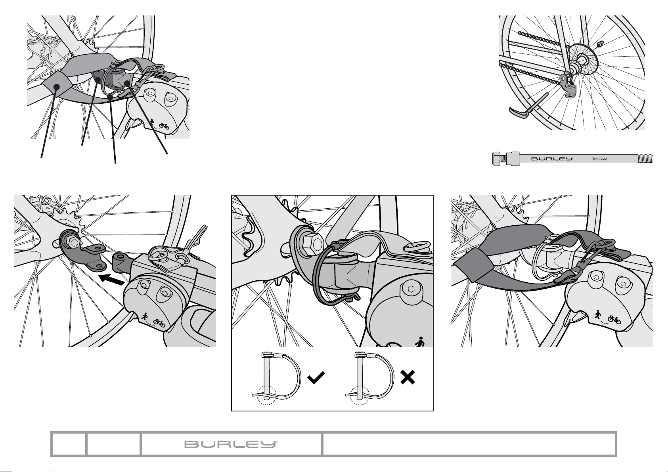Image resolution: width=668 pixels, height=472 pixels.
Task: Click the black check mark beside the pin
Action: pyautogui.click(x=316, y=378)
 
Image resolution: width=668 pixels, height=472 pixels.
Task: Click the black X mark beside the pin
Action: pyautogui.click(x=408, y=377)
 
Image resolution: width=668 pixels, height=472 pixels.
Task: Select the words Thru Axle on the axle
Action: pyautogui.click(x=599, y=159)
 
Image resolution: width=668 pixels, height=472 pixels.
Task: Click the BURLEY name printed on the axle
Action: pyautogui.click(x=552, y=159)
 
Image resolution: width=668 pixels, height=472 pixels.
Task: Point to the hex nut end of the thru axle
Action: pyautogui.click(x=496, y=159)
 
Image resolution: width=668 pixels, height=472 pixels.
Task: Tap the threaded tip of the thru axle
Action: pyautogui.click(x=645, y=159)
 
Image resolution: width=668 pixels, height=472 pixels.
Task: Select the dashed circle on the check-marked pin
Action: pyautogui.click(x=266, y=395)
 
